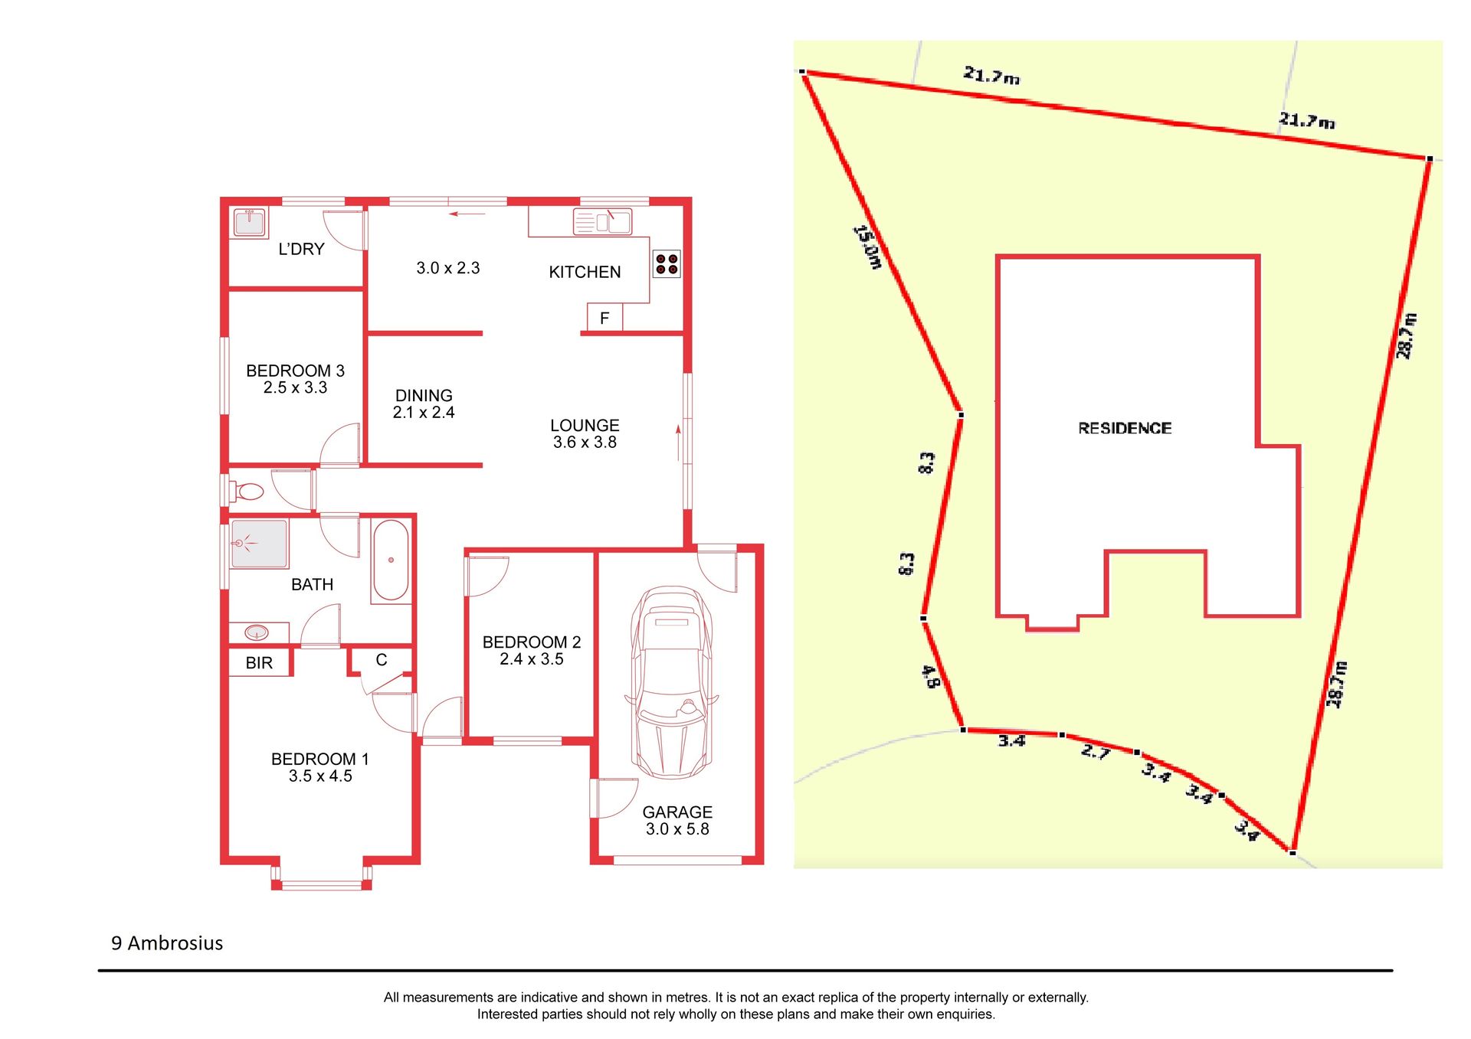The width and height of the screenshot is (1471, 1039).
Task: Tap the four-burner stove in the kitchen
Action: (x=667, y=264)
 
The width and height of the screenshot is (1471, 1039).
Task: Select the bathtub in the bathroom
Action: (x=391, y=560)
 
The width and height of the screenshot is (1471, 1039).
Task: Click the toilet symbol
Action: (x=247, y=490)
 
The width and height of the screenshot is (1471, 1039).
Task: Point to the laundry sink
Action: (x=249, y=223)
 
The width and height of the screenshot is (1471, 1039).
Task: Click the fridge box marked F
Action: (x=604, y=318)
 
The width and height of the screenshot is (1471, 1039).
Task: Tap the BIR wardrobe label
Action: (x=259, y=663)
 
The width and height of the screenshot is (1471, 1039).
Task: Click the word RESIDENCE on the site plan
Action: (x=1125, y=428)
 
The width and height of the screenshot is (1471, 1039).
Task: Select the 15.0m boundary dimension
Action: (x=868, y=247)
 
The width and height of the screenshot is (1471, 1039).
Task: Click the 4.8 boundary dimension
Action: (x=930, y=676)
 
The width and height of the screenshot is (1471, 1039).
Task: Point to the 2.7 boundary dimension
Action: (x=1096, y=751)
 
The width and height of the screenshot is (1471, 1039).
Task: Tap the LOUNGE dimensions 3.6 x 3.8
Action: (x=585, y=443)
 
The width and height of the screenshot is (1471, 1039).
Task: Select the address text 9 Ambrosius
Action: (x=167, y=943)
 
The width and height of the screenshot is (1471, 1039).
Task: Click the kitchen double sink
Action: (x=602, y=222)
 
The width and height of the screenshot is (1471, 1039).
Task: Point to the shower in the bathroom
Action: (x=259, y=544)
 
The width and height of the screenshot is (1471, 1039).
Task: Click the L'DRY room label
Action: (x=301, y=249)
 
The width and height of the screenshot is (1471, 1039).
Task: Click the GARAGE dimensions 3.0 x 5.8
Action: (x=677, y=829)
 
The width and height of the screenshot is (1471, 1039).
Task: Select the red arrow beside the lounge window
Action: (x=678, y=443)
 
